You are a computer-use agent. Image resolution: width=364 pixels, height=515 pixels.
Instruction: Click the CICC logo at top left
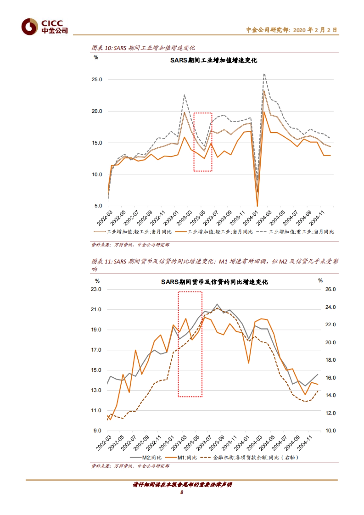[44, 27]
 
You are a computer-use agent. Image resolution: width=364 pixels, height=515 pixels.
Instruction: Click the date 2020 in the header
[299, 30]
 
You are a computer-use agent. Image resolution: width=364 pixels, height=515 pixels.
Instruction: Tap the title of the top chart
[214, 60]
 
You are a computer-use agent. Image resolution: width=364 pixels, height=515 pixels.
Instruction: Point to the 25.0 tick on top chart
[97, 79]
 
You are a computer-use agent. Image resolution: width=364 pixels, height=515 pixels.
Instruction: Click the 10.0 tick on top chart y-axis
[97, 174]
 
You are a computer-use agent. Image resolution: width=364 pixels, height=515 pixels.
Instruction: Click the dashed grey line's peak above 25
[264, 74]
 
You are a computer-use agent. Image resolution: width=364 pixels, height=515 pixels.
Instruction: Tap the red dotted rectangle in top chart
[203, 142]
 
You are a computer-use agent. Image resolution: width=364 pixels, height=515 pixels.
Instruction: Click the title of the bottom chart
[214, 282]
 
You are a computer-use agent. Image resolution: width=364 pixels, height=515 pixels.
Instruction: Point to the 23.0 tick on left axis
[96, 289]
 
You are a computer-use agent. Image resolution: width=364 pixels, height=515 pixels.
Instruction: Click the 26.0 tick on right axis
[330, 289]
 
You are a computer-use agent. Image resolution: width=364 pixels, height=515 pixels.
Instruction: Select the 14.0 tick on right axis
[330, 395]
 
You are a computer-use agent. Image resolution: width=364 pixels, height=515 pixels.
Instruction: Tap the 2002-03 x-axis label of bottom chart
[104, 443]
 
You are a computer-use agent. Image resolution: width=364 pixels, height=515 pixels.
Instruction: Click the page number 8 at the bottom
[182, 492]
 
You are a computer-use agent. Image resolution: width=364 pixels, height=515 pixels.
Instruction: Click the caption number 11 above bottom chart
[108, 261]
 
